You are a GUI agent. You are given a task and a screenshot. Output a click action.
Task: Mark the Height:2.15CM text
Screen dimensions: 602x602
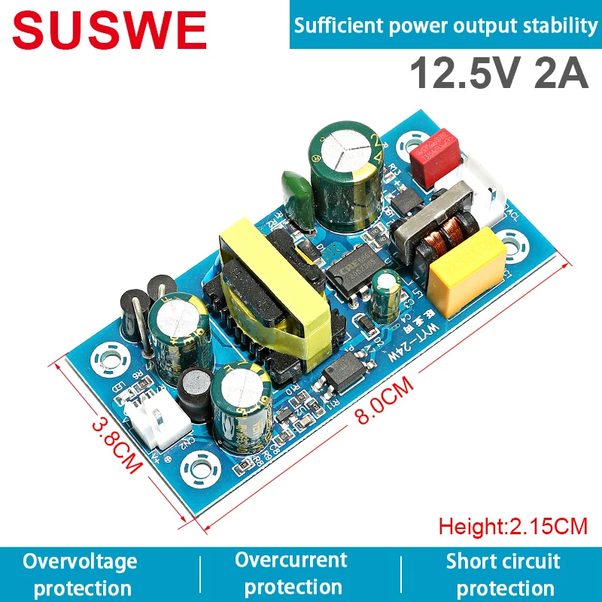tap(512, 524)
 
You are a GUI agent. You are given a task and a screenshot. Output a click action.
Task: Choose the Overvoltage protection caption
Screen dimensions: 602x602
tap(80, 574)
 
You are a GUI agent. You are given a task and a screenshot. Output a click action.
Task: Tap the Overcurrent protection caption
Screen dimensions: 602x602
tap(291, 573)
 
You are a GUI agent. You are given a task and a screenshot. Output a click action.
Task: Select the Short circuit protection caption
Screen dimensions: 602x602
tap(503, 574)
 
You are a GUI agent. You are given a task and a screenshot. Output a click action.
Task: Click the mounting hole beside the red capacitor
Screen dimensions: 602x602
tap(411, 142)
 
